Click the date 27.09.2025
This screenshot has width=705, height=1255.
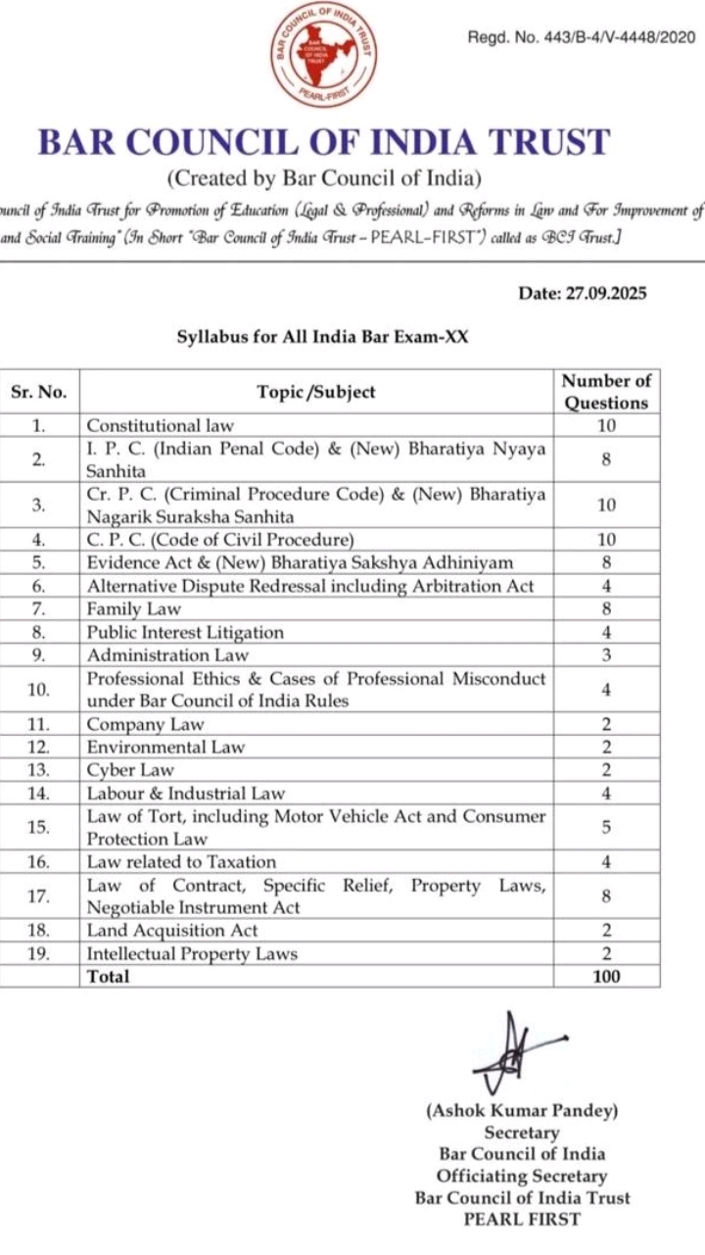pyautogui.click(x=582, y=293)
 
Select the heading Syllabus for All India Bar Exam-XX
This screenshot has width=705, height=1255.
pyautogui.click(x=323, y=337)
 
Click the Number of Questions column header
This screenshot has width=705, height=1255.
pyautogui.click(x=606, y=392)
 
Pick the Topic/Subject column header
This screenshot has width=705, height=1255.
pyautogui.click(x=316, y=392)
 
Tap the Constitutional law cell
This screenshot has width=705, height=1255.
pyautogui.click(x=161, y=426)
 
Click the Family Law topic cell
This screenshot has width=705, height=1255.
pyautogui.click(x=134, y=609)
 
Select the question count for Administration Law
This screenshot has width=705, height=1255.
pyautogui.click(x=606, y=655)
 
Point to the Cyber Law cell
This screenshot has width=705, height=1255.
pyautogui.click(x=130, y=770)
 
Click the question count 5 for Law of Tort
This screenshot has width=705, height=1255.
pyautogui.click(x=606, y=828)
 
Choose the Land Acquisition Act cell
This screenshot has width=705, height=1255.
pyautogui.click(x=172, y=931)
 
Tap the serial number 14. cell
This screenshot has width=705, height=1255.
pyautogui.click(x=38, y=794)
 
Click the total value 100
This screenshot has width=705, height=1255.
pyautogui.click(x=606, y=977)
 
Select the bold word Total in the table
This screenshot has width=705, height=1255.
pyautogui.click(x=108, y=977)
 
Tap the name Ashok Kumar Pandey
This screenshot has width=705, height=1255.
pyautogui.click(x=522, y=1111)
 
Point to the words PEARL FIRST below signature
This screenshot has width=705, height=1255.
pyautogui.click(x=522, y=1220)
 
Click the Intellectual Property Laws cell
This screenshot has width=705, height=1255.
pyautogui.click(x=192, y=954)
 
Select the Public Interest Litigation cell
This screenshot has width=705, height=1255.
pyautogui.click(x=185, y=633)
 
